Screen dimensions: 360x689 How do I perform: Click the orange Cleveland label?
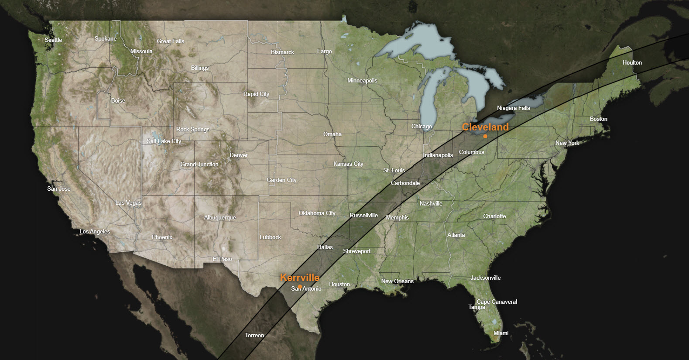point(485,127)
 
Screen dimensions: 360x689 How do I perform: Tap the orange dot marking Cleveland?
point(485,136)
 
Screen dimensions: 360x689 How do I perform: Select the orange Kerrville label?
point(299,278)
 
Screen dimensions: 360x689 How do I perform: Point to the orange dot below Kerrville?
point(300,286)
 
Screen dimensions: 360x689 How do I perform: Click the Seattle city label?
point(53,40)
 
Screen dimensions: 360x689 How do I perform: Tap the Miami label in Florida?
point(501,333)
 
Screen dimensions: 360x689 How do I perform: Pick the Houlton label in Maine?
point(632,62)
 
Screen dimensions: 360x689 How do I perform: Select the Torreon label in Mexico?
point(254,335)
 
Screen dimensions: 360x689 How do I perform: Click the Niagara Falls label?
point(513,108)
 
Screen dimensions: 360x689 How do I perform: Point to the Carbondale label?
point(405,183)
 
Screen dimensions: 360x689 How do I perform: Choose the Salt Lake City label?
point(164,141)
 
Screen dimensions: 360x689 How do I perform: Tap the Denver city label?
point(238,155)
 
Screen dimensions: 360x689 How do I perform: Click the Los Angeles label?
point(95,231)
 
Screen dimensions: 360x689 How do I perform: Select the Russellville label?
point(363,215)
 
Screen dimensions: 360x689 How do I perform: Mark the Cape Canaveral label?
point(497,302)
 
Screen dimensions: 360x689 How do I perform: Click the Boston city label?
point(598,119)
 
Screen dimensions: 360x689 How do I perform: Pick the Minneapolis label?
point(362,80)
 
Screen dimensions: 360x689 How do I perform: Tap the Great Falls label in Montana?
point(170,41)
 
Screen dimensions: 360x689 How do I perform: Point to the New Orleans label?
point(397,281)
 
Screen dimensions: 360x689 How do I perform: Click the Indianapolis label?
point(438,155)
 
